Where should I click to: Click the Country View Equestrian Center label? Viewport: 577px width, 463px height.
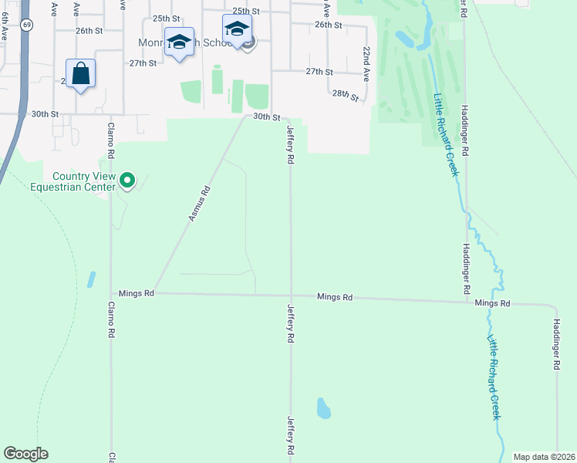[72, 181]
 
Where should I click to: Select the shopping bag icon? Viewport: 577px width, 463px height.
[81, 74]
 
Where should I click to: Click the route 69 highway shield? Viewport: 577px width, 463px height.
[27, 25]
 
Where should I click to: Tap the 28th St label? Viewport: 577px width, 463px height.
[346, 96]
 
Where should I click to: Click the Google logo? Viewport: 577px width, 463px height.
[25, 454]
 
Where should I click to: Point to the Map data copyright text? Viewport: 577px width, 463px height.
[543, 457]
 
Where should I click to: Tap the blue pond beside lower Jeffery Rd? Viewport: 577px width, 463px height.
[324, 407]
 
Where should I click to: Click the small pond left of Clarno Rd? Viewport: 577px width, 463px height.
[92, 279]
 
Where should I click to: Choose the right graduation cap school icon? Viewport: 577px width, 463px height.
[237, 30]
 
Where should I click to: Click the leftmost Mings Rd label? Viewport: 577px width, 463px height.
[137, 294]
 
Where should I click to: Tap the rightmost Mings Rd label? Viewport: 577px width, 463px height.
[492, 304]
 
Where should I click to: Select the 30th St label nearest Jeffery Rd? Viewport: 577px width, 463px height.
[266, 117]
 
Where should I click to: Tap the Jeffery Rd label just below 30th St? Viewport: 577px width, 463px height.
[291, 144]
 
